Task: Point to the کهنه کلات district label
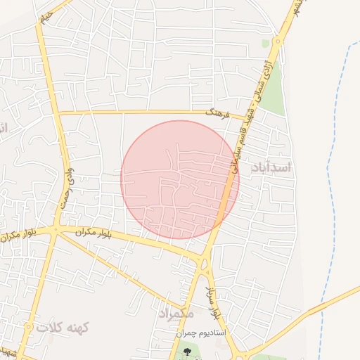coord(63,327)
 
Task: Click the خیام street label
coord(45,15)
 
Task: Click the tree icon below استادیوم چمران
coord(186,349)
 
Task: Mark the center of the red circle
coord(180,179)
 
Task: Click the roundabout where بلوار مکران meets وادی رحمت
coord(57,230)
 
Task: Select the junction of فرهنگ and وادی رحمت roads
coord(58,112)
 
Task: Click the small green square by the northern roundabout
coord(266,44)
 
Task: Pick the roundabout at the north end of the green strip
coord(278,41)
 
